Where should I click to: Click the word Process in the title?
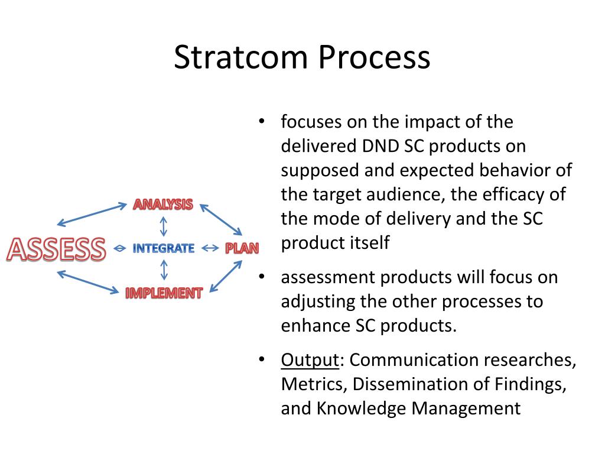click(374, 57)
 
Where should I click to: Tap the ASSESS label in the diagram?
click(56, 249)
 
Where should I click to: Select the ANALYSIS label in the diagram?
click(163, 205)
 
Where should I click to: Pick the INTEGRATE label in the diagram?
click(163, 248)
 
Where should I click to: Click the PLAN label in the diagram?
click(242, 248)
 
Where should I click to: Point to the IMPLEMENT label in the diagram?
click(164, 293)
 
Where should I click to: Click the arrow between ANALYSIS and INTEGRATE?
click(164, 226)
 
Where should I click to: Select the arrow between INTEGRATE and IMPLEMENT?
click(164, 270)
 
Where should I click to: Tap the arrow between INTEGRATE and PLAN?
click(210, 248)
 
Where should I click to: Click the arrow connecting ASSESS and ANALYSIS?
click(92, 215)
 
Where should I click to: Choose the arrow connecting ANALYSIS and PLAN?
click(221, 219)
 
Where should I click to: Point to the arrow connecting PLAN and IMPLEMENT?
click(226, 277)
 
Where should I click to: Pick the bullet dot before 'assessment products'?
click(262, 277)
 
